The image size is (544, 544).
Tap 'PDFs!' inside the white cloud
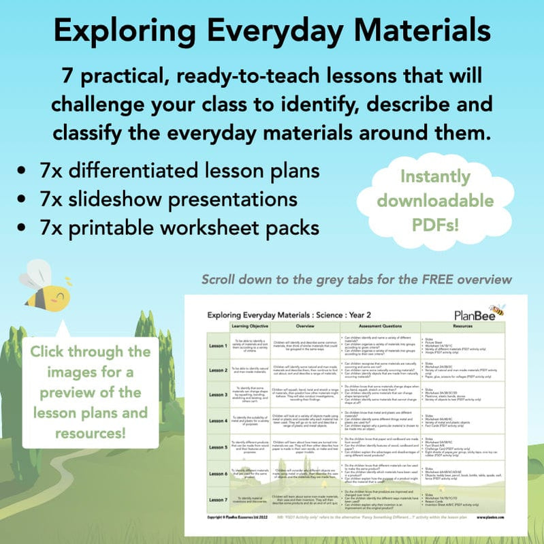(x=436, y=224)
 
